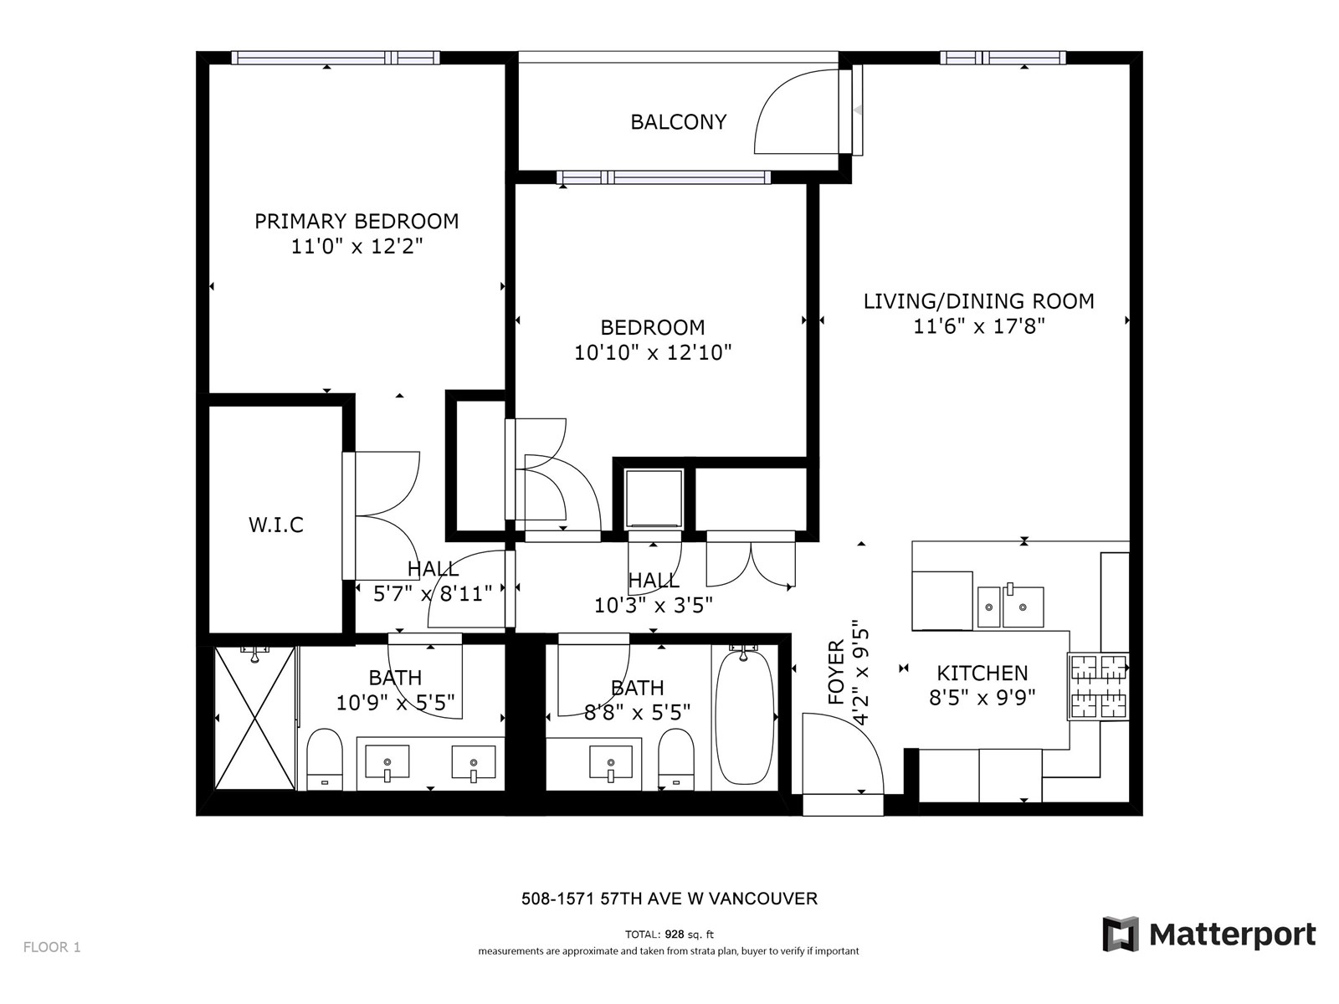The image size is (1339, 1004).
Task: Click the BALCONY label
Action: [x=679, y=122]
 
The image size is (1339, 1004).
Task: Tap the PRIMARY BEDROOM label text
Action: [x=357, y=221]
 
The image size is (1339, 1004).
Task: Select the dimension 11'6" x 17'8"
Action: [x=978, y=327]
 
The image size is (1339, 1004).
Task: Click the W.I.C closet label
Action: [x=275, y=525]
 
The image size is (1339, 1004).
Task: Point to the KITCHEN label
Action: [x=982, y=673]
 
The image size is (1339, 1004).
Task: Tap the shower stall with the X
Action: [x=255, y=718]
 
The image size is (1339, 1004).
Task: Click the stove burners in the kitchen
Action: [x=1098, y=686]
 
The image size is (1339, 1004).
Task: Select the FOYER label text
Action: [x=836, y=673]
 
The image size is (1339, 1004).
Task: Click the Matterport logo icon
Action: [x=1120, y=933]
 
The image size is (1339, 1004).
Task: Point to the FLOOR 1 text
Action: [x=52, y=947]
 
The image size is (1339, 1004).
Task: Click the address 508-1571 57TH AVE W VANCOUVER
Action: [x=669, y=899]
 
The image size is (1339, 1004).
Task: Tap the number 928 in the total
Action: [x=674, y=934]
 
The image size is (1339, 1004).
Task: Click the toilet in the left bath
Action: [x=325, y=759]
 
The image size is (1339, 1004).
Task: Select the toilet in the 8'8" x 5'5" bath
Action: [x=676, y=759]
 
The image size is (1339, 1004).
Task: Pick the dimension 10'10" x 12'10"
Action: [x=653, y=352]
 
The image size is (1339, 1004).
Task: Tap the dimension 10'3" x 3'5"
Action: [x=654, y=605]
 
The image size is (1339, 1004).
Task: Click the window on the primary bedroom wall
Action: [x=336, y=58]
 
